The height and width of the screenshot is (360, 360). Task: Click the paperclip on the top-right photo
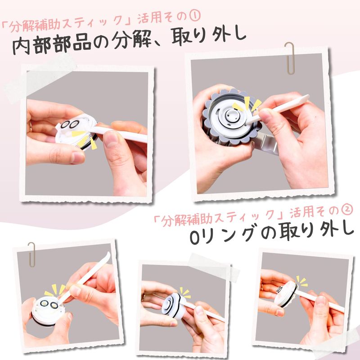(290, 58)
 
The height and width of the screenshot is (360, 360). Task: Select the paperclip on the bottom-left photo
(31, 254)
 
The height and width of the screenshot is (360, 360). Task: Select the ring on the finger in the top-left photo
(31, 127)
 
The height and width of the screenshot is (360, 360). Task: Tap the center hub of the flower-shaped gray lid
(231, 115)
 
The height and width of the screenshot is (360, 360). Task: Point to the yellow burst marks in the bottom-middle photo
(185, 293)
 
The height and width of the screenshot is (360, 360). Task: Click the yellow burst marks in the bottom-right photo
(301, 282)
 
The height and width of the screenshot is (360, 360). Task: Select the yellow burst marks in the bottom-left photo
(54, 290)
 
